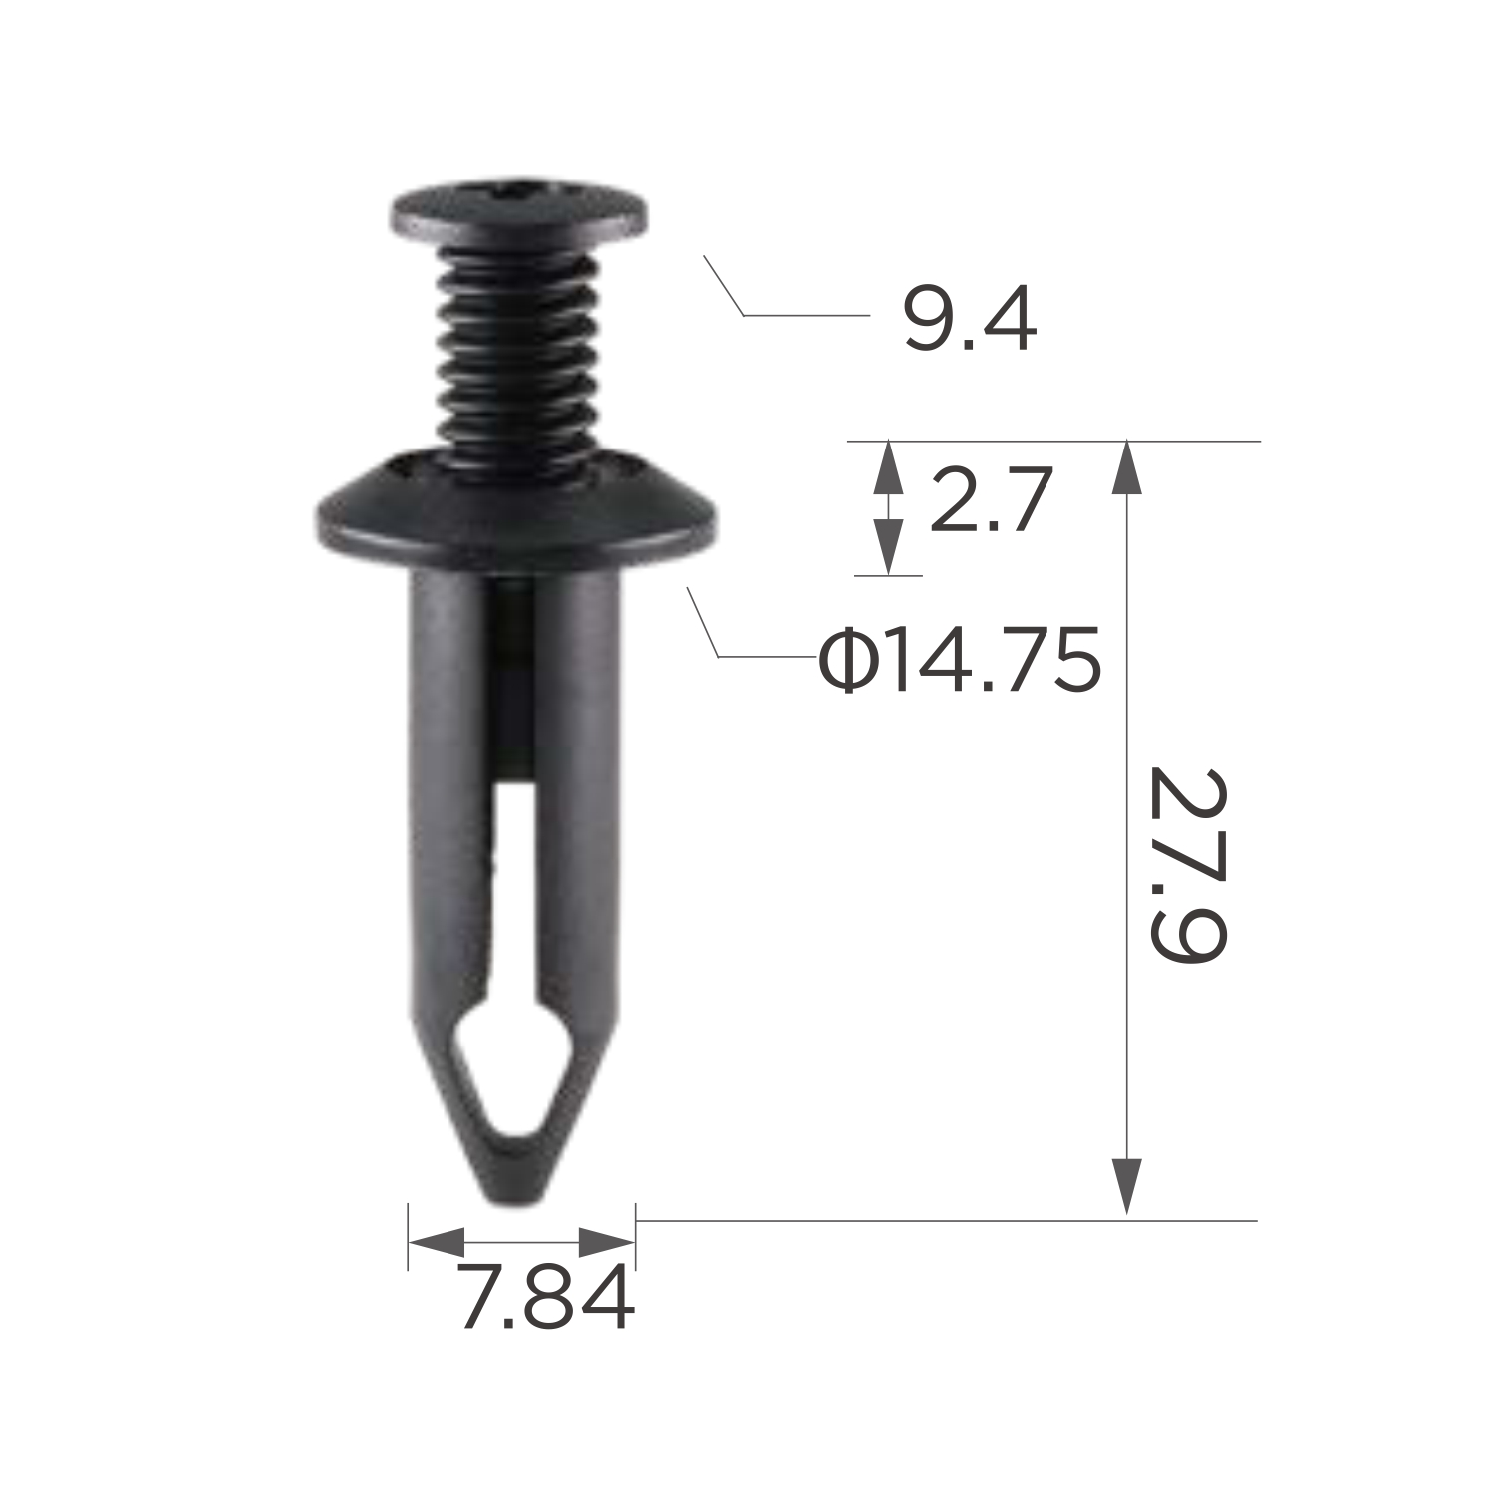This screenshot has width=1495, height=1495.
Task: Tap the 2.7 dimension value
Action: tap(991, 500)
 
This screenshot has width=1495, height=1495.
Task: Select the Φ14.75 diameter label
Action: tap(960, 660)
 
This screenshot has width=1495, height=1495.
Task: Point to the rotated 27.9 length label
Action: tap(1186, 865)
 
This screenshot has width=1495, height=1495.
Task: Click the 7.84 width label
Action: tap(547, 1299)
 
